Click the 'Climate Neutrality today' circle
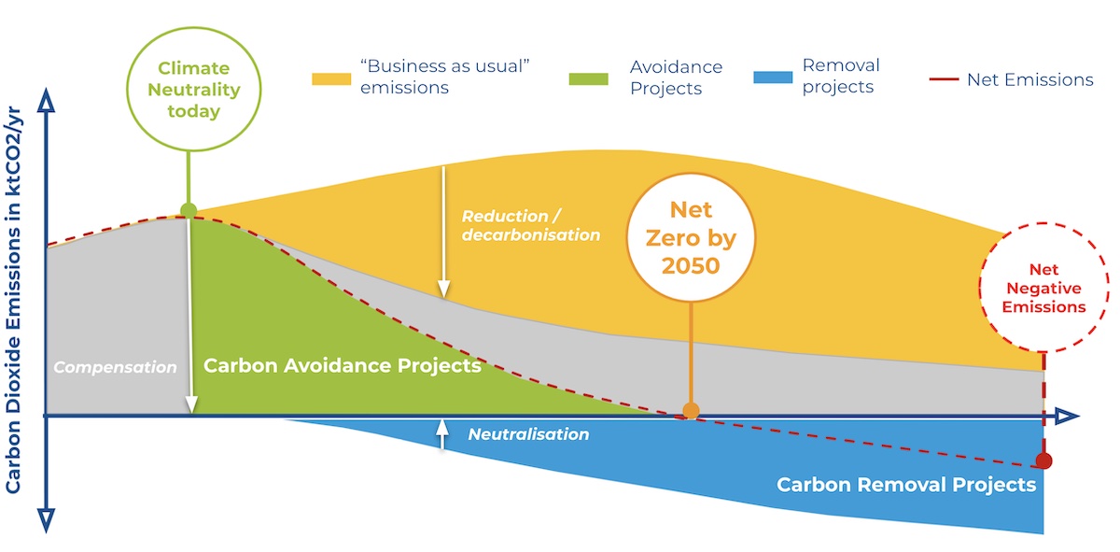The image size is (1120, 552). [188, 91]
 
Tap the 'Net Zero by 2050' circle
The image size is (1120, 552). [691, 238]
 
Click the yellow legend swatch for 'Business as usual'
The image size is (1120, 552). [330, 78]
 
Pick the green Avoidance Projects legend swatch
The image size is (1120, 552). [588, 78]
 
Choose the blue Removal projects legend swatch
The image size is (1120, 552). [772, 77]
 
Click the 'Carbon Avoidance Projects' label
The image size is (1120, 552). [342, 365]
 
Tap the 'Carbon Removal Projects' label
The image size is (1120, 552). [906, 485]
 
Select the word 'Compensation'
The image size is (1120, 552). [115, 367]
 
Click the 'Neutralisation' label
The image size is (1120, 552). [528, 434]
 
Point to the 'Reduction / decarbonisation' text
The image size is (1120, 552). [530, 225]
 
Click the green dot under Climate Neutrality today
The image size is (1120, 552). [189, 210]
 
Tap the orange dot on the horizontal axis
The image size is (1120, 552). [691, 410]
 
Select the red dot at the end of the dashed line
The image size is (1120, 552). [1043, 460]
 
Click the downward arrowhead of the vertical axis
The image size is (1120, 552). [47, 518]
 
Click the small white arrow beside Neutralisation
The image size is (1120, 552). [443, 434]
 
